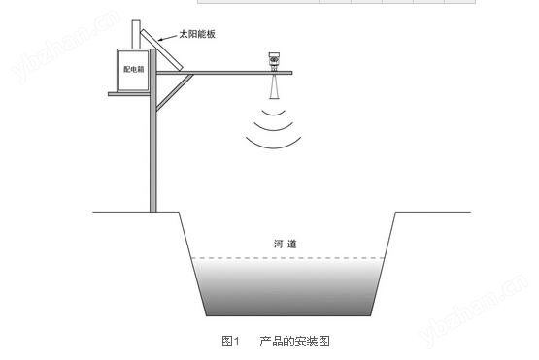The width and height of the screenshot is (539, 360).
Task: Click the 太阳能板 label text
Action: [197, 34]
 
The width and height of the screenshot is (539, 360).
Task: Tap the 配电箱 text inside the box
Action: [134, 70]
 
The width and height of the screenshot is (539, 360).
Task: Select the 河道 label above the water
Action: [285, 244]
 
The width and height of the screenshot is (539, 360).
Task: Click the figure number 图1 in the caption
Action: [230, 342]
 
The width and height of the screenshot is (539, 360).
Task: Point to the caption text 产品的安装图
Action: [294, 342]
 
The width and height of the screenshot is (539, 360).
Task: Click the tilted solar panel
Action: [161, 49]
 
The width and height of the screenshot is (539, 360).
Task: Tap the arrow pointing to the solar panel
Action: [168, 38]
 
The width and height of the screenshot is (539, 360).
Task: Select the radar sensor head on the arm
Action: [274, 61]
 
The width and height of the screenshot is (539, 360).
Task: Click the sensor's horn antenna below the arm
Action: [274, 86]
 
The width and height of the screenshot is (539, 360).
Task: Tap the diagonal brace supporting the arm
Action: [175, 92]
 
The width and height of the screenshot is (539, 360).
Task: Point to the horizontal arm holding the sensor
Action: [224, 73]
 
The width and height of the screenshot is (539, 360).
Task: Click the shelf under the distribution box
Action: [129, 94]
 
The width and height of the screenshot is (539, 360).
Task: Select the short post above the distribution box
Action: [136, 34]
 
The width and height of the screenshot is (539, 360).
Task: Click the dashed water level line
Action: [287, 258]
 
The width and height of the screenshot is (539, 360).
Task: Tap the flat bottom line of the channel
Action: [288, 315]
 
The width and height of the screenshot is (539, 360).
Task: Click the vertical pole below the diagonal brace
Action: [153, 161]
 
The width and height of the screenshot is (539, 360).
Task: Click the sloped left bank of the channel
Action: [192, 264]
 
